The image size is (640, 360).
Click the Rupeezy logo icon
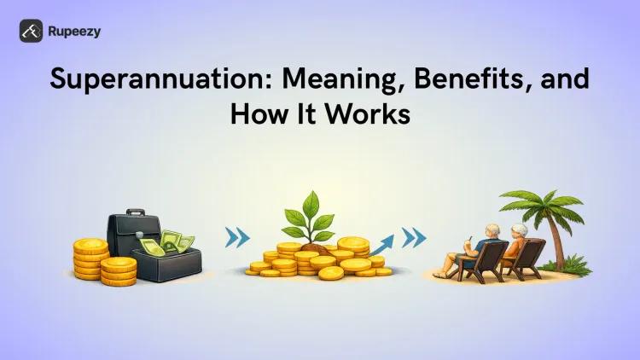[31, 31]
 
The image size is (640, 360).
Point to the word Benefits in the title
[462, 79]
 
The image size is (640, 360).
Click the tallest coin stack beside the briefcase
[90, 258]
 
